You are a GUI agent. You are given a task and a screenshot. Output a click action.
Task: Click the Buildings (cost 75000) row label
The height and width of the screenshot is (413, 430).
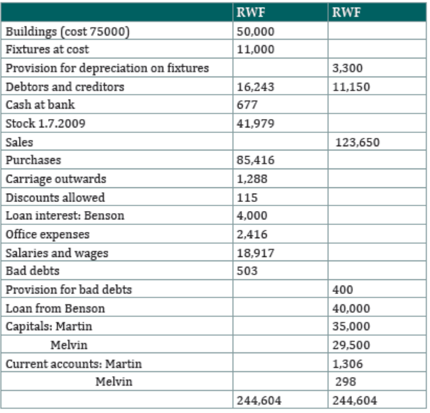68,32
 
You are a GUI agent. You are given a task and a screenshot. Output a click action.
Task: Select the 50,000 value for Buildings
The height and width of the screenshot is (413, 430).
255,32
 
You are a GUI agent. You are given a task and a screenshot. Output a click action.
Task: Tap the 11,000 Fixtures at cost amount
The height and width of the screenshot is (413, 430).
255,49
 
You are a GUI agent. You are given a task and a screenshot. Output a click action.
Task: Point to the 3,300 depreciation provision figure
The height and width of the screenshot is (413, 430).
348,68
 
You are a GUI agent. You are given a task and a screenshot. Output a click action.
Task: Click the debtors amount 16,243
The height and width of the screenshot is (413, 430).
255,87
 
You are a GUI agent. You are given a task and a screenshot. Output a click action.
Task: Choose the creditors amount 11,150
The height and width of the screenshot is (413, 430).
351,87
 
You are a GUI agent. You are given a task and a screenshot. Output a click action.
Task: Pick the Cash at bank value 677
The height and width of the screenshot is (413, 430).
247,105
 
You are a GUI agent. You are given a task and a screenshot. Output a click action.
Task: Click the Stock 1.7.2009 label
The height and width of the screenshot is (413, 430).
45,123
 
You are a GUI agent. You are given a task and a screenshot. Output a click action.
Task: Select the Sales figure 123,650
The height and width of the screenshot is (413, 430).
358,143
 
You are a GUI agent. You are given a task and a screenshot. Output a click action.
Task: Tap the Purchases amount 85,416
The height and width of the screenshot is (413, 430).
255,160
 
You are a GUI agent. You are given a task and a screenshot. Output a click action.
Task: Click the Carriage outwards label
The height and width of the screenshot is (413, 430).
56,179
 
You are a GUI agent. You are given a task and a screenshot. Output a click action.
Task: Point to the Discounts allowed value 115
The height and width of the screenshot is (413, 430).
247,198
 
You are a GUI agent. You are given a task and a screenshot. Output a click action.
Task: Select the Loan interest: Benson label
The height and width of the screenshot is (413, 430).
65,216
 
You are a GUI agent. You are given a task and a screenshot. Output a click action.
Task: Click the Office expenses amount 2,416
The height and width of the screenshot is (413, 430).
252,235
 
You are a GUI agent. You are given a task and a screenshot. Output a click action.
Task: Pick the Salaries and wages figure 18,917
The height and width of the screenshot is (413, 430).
255,254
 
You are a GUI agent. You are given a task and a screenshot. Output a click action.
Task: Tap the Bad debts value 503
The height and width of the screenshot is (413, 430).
247,271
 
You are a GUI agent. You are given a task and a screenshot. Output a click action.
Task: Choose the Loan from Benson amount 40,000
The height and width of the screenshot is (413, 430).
351,309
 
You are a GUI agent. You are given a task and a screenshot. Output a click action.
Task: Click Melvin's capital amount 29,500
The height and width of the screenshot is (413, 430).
351,345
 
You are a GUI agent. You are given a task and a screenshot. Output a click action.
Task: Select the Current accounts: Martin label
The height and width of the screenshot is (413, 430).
74,364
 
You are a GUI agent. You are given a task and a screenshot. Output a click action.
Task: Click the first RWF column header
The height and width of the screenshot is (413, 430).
251,13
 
